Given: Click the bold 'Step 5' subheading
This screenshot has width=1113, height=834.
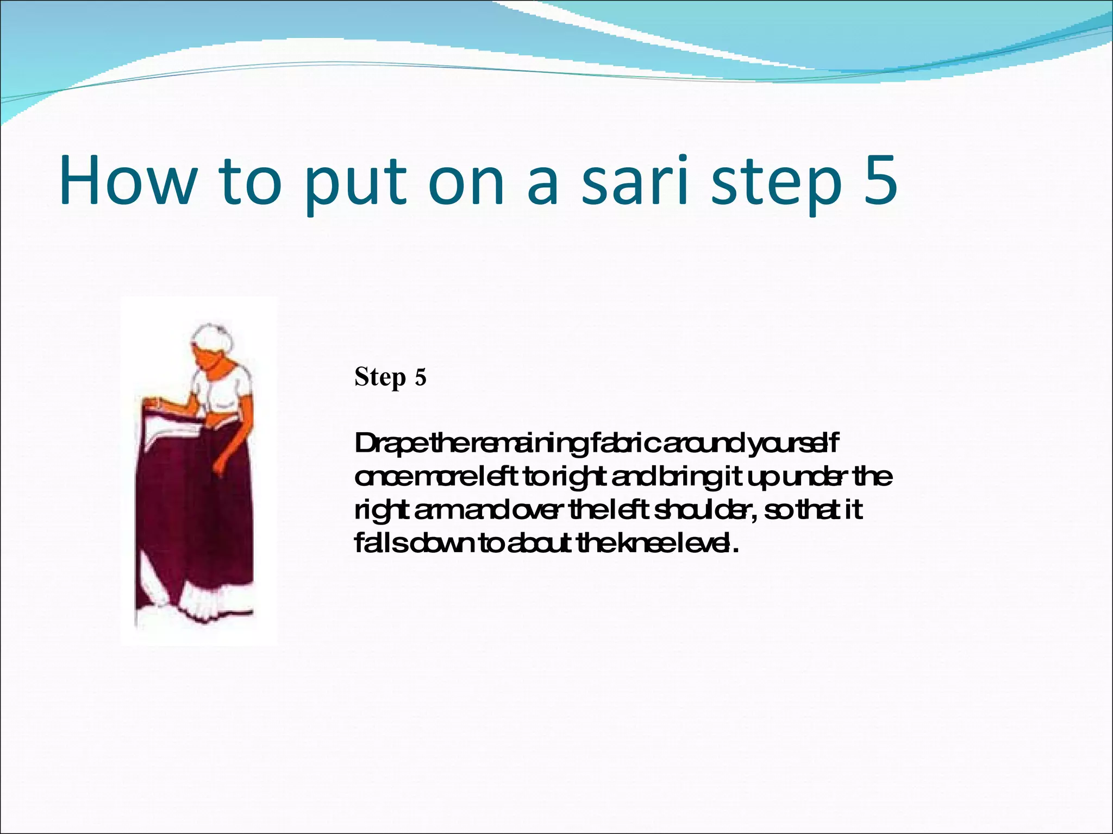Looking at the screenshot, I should coord(390,377).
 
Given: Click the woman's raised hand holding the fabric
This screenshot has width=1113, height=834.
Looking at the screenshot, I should coord(154,403).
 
